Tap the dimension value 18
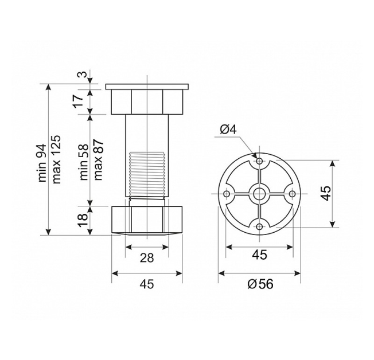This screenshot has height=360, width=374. pos(81,220)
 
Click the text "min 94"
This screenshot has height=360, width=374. pos(42,163)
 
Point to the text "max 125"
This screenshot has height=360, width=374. pos(56,159)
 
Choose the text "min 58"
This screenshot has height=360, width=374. pos(84,162)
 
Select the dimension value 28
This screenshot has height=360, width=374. pos(147,258)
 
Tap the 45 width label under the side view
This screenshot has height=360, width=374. pos(147,284)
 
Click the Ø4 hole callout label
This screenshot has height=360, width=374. pos(228,130)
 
